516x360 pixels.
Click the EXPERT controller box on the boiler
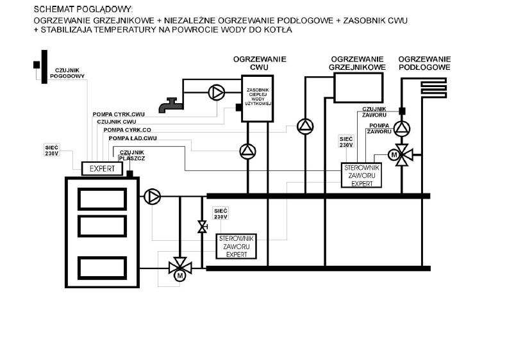coord(102,168)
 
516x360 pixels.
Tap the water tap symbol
coord(171,106)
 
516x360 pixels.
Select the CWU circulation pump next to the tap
coord(217,92)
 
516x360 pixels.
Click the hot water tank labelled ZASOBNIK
coord(257,99)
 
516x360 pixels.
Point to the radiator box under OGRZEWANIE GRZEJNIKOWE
coord(358,88)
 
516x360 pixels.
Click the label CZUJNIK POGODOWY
coord(67,73)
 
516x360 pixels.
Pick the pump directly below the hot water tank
coord(248,151)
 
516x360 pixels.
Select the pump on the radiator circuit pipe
coord(305,127)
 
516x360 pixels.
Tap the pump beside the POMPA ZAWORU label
coord(402,129)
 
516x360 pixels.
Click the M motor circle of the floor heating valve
coord(394,154)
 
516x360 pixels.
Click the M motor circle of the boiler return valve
coord(179,275)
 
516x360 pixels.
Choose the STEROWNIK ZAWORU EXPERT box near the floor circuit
coord(362,176)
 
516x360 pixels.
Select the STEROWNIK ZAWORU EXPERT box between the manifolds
coord(237,246)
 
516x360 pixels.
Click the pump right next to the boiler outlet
coord(153,197)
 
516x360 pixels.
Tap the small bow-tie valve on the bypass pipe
coord(202,227)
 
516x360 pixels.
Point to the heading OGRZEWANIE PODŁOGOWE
coord(424,63)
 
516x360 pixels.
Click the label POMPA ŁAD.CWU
coord(133,138)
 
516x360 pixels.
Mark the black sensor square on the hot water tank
coord(239,107)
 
